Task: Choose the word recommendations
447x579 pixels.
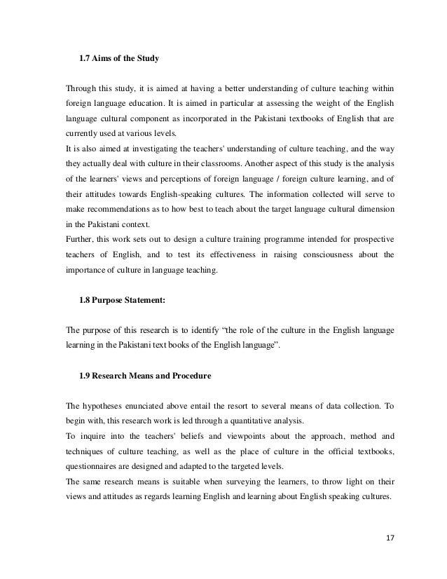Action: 114,208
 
